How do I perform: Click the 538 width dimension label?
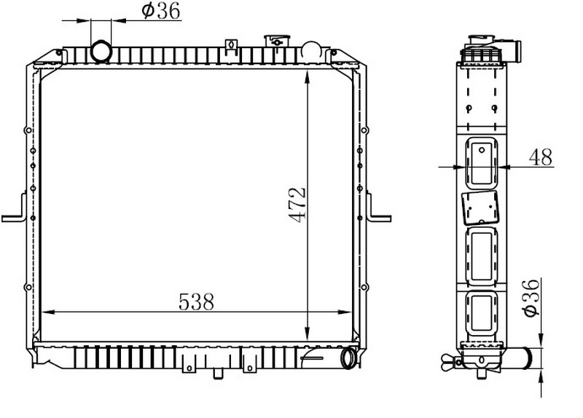196,301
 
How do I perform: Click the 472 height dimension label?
298,205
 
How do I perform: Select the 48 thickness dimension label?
541,157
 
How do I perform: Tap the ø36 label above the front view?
161,10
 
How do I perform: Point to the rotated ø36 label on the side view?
531,298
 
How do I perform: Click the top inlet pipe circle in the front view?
101,51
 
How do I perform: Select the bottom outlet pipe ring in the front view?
348,358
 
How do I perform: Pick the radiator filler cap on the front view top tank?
277,41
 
